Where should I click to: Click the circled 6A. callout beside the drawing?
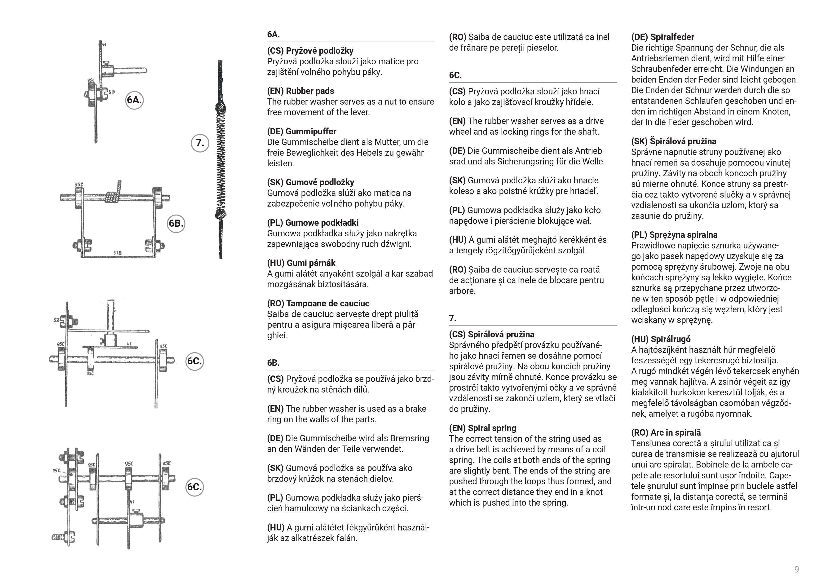[134, 100]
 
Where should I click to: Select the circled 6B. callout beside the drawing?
[176, 223]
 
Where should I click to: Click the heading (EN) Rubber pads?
[300, 91]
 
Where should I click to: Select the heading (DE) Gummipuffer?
[301, 131]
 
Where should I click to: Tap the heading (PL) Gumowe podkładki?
[313, 223]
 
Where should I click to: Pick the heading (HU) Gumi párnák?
[301, 263]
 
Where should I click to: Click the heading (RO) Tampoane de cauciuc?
[318, 303]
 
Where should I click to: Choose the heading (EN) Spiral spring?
[483, 428]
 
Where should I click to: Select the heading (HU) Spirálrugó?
[661, 339]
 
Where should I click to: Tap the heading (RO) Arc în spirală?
[666, 433]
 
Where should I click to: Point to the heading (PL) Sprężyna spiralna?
[674, 235]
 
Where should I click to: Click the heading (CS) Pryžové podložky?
[310, 51]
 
